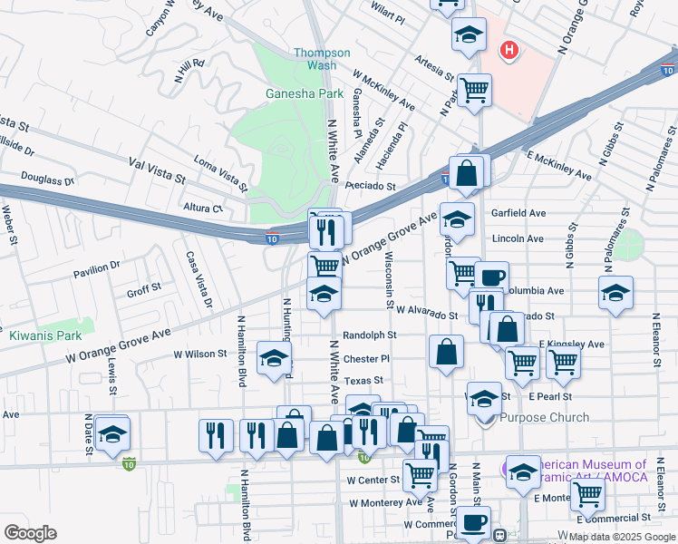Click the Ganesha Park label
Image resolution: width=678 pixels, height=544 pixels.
pos(305,93)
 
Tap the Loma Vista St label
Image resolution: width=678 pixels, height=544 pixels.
pos(220,175)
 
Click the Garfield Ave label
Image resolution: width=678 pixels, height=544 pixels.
pos(518,213)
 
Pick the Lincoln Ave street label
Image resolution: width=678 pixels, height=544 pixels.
pos(518,238)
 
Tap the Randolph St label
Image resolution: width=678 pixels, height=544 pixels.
pos(369,335)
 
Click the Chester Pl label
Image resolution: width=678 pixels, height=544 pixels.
pos(366,358)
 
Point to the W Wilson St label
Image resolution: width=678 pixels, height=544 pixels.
pos(200,354)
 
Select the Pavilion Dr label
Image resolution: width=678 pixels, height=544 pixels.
pos(97,267)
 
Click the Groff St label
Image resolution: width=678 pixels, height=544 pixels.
pos(143,291)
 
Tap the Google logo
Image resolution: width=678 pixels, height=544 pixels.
pos(30,533)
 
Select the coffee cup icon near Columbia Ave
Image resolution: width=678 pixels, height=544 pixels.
pos(492,277)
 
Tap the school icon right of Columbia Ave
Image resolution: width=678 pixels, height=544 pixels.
pos(615,293)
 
